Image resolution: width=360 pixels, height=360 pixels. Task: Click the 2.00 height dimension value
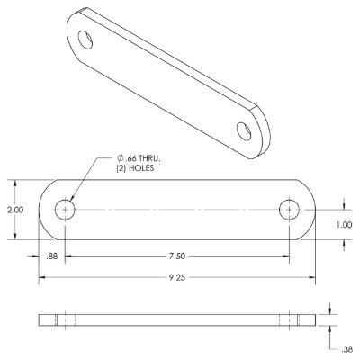point(15,210)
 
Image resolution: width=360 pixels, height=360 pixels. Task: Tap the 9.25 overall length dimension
point(177,278)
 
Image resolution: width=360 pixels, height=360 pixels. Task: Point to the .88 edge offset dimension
point(51,256)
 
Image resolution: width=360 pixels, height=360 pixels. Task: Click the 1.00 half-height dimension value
point(344,225)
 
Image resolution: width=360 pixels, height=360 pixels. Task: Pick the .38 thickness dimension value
point(346,349)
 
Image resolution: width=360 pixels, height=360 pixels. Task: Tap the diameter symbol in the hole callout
point(120,158)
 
